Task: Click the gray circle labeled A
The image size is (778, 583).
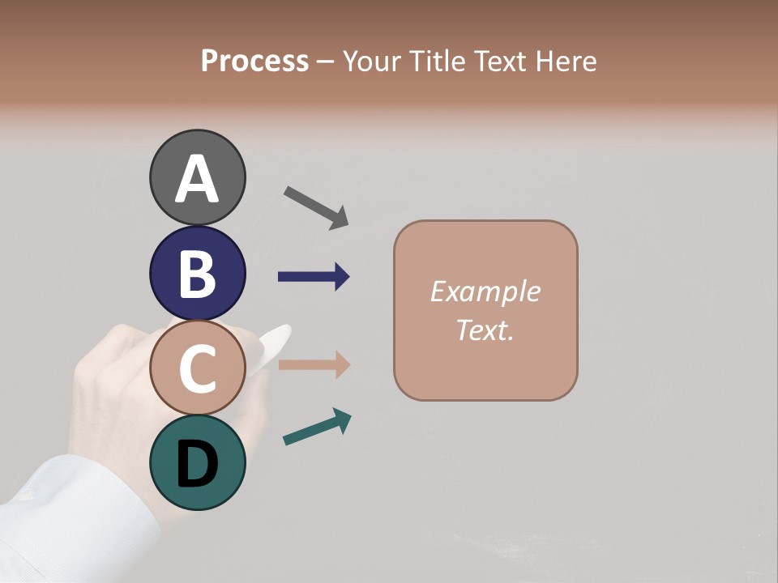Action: (x=197, y=177)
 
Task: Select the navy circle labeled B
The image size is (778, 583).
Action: (x=197, y=273)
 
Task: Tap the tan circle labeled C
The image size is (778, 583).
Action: (x=197, y=368)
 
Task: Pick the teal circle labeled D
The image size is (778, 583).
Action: (x=197, y=463)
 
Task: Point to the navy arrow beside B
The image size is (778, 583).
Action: (x=313, y=277)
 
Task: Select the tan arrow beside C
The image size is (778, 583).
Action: (x=313, y=364)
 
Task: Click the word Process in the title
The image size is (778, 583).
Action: (x=254, y=62)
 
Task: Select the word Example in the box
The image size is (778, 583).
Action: (x=485, y=291)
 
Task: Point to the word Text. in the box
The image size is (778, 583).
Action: (x=485, y=330)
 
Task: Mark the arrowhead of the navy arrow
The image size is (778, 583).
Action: (x=341, y=277)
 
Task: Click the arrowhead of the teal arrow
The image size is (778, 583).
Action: (x=342, y=419)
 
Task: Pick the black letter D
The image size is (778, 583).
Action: (x=197, y=465)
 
